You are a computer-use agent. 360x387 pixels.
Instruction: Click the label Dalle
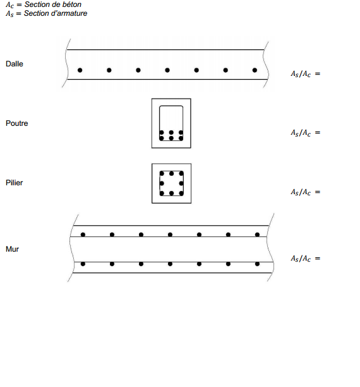point(15,64)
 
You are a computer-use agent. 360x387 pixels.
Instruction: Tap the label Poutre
point(17,123)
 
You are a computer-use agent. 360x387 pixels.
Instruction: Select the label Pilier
point(14,183)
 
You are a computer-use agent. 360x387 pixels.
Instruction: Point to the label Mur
point(12,249)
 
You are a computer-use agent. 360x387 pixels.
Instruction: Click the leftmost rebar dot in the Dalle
point(80,70)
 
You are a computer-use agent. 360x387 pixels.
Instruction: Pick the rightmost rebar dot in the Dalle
point(255,70)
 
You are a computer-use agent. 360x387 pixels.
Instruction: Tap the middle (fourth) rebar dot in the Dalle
point(167,70)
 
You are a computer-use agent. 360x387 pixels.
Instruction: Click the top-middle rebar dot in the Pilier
point(171,173)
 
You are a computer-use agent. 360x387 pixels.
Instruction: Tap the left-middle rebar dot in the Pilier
point(162,183)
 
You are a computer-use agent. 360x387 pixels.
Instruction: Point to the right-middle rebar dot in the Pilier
point(181,183)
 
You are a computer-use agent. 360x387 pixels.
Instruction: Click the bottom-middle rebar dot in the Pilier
point(171,193)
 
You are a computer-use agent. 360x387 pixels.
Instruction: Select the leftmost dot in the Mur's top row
point(83,235)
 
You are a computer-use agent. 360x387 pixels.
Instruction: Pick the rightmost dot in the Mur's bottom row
point(257,264)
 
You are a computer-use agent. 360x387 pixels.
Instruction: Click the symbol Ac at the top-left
point(10,5)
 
